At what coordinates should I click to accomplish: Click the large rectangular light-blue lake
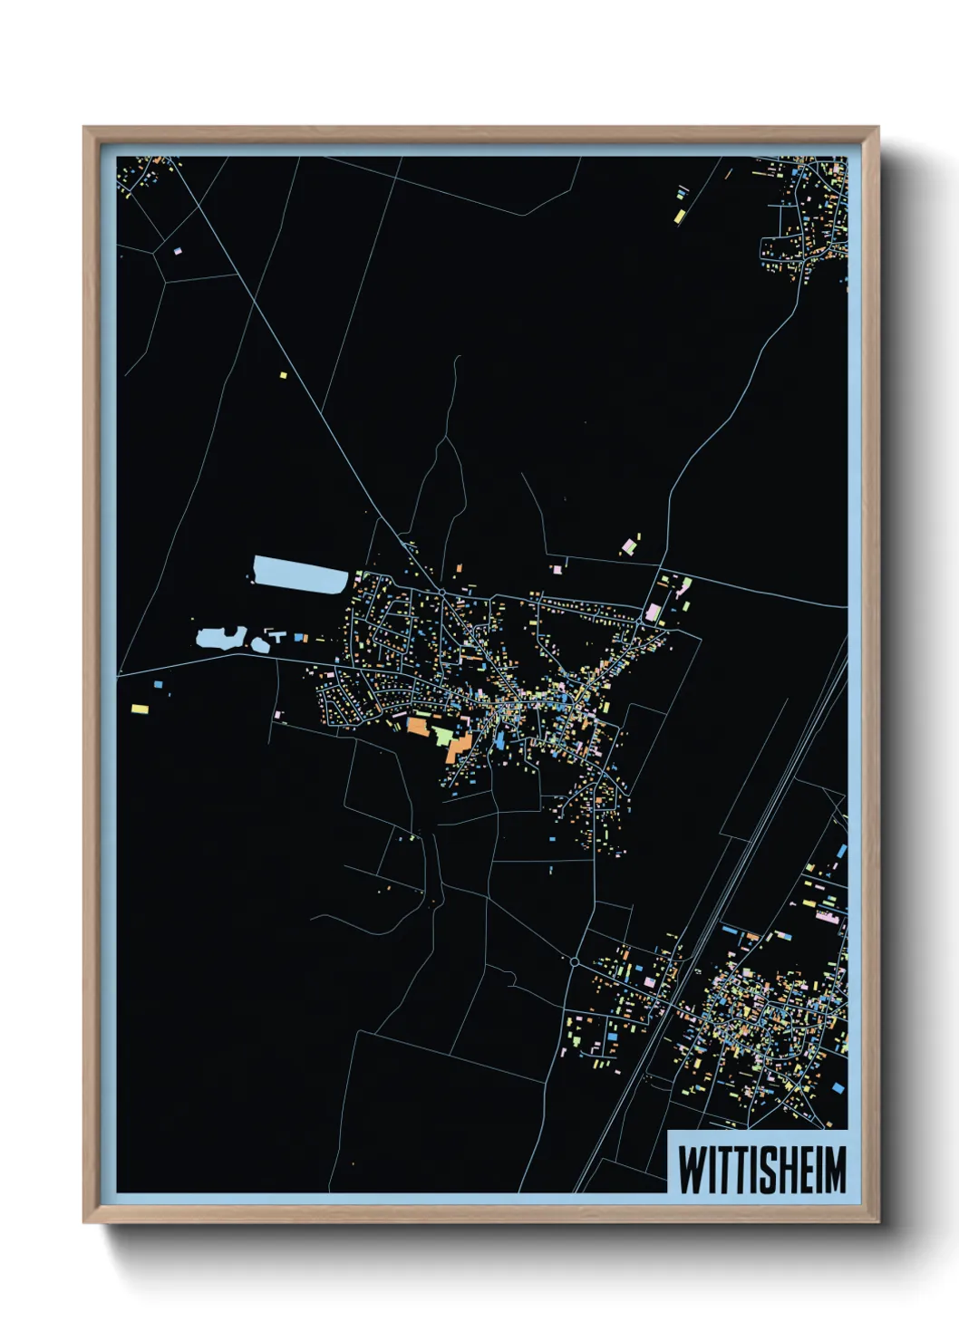[299, 574]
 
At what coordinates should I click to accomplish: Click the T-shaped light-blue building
[276, 637]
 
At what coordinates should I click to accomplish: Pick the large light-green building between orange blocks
[441, 735]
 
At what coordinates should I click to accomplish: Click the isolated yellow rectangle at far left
[140, 708]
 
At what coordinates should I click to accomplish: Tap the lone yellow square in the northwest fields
[283, 374]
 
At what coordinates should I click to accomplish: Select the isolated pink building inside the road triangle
[178, 249]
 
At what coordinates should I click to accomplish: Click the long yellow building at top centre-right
[679, 216]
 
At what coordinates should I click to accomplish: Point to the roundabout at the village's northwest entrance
[441, 592]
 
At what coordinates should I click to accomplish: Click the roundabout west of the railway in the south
[575, 961]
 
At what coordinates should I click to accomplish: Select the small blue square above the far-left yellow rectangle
[158, 684]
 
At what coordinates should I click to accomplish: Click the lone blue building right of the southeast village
[838, 1087]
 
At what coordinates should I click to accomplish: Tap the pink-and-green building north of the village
[629, 545]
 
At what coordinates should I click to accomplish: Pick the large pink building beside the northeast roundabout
[653, 612]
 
